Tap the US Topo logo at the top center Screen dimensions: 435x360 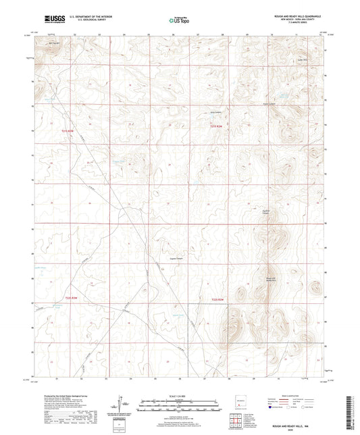tap(179, 21)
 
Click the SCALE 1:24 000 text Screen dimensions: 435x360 tap(179, 396)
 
